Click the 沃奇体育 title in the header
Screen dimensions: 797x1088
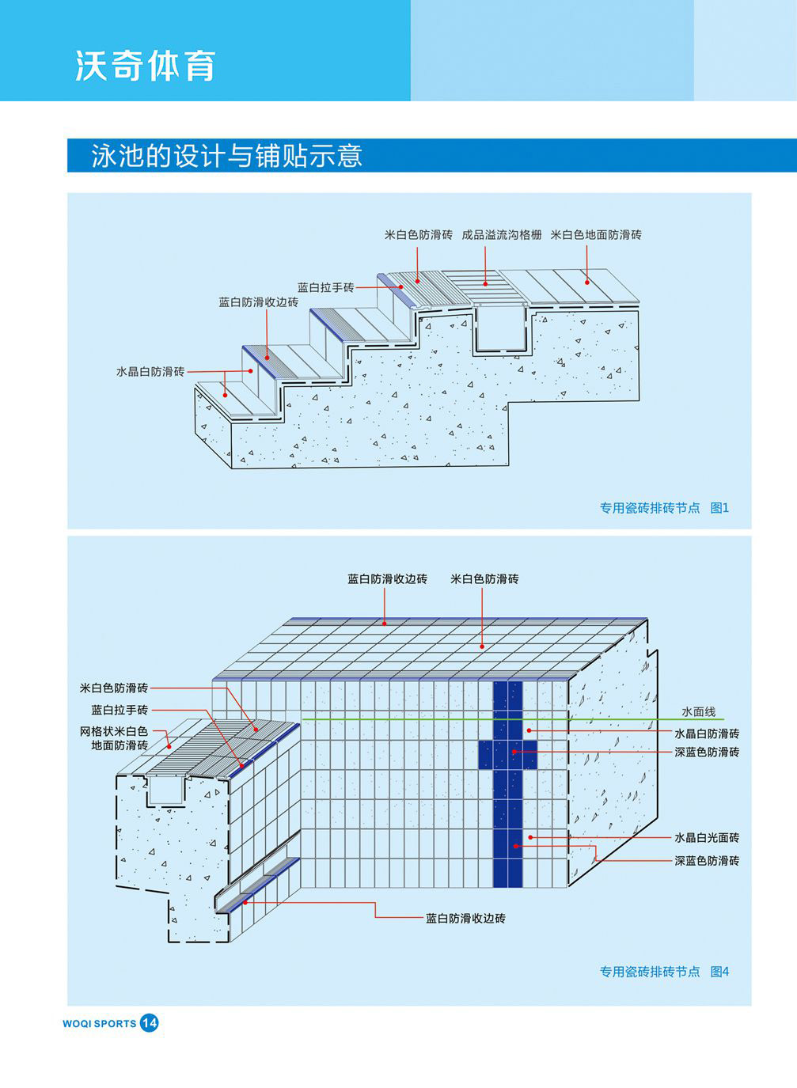tap(145, 66)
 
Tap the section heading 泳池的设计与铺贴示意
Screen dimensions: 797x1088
tap(227, 155)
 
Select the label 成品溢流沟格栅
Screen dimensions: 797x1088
tap(502, 235)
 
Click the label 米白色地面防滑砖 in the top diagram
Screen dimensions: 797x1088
tap(596, 235)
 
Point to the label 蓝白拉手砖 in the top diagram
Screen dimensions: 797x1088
tap(325, 287)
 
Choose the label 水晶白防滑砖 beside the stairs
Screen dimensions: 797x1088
tap(150, 372)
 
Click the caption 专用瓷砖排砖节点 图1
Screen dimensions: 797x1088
tap(664, 508)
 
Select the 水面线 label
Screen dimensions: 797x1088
tap(698, 712)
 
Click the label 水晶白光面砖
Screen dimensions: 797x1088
tap(707, 837)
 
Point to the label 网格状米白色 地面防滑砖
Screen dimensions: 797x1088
tap(114, 738)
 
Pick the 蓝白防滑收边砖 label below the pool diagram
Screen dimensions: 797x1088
tap(465, 919)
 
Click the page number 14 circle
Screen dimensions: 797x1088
tap(150, 1023)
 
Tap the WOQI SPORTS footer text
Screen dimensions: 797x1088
tap(99, 1024)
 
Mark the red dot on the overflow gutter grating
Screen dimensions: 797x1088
tap(485, 283)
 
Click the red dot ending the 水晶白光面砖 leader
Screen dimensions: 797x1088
tap(530, 837)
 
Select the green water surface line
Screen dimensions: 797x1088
tap(513, 718)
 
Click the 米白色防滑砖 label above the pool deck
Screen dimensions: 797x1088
tap(484, 579)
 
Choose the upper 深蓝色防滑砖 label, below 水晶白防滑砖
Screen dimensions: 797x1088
tap(707, 752)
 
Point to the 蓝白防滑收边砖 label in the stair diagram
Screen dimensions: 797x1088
tap(258, 302)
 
